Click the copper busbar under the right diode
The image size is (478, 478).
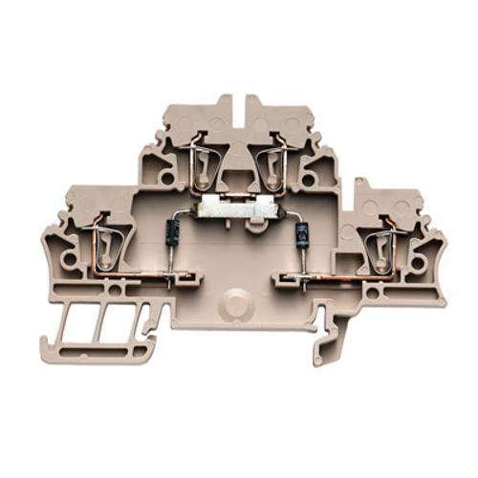coord(335,279)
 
